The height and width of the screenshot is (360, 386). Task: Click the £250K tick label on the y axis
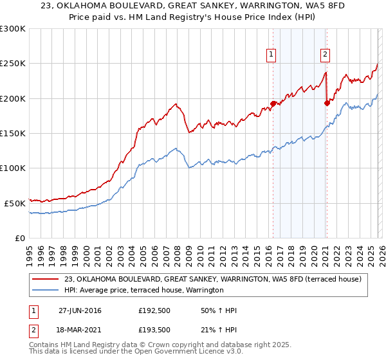13,64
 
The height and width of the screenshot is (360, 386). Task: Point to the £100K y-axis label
13,168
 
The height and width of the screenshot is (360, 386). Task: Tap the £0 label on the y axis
19,237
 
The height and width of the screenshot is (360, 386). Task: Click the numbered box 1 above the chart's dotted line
272,55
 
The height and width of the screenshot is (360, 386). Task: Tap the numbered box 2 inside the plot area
326,55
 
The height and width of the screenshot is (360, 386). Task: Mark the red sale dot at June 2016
273,104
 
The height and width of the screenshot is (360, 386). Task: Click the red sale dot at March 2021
327,103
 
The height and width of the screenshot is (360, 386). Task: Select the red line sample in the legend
46,279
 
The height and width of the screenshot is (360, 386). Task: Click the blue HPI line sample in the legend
46,290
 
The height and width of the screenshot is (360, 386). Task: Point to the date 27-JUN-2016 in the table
80,310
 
